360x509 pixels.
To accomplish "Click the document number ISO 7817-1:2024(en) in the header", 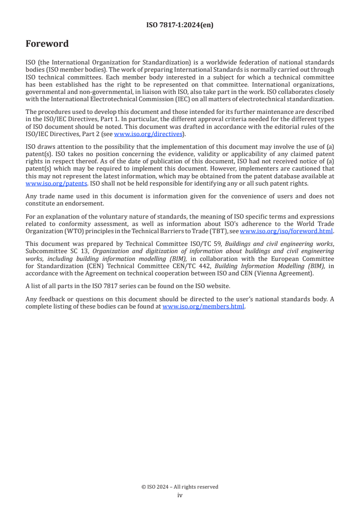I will pos(180,25).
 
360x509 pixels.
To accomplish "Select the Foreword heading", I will pos(47,44).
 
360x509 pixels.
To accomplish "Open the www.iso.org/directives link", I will pos(148,134).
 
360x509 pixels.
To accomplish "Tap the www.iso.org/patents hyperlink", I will pos(56,183).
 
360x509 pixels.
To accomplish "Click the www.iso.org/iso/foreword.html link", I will pos(286,231).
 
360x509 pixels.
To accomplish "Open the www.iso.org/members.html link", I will pos(203,306).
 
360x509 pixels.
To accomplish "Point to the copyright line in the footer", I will pos(180,487).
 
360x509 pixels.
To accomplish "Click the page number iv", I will pos(180,495).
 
